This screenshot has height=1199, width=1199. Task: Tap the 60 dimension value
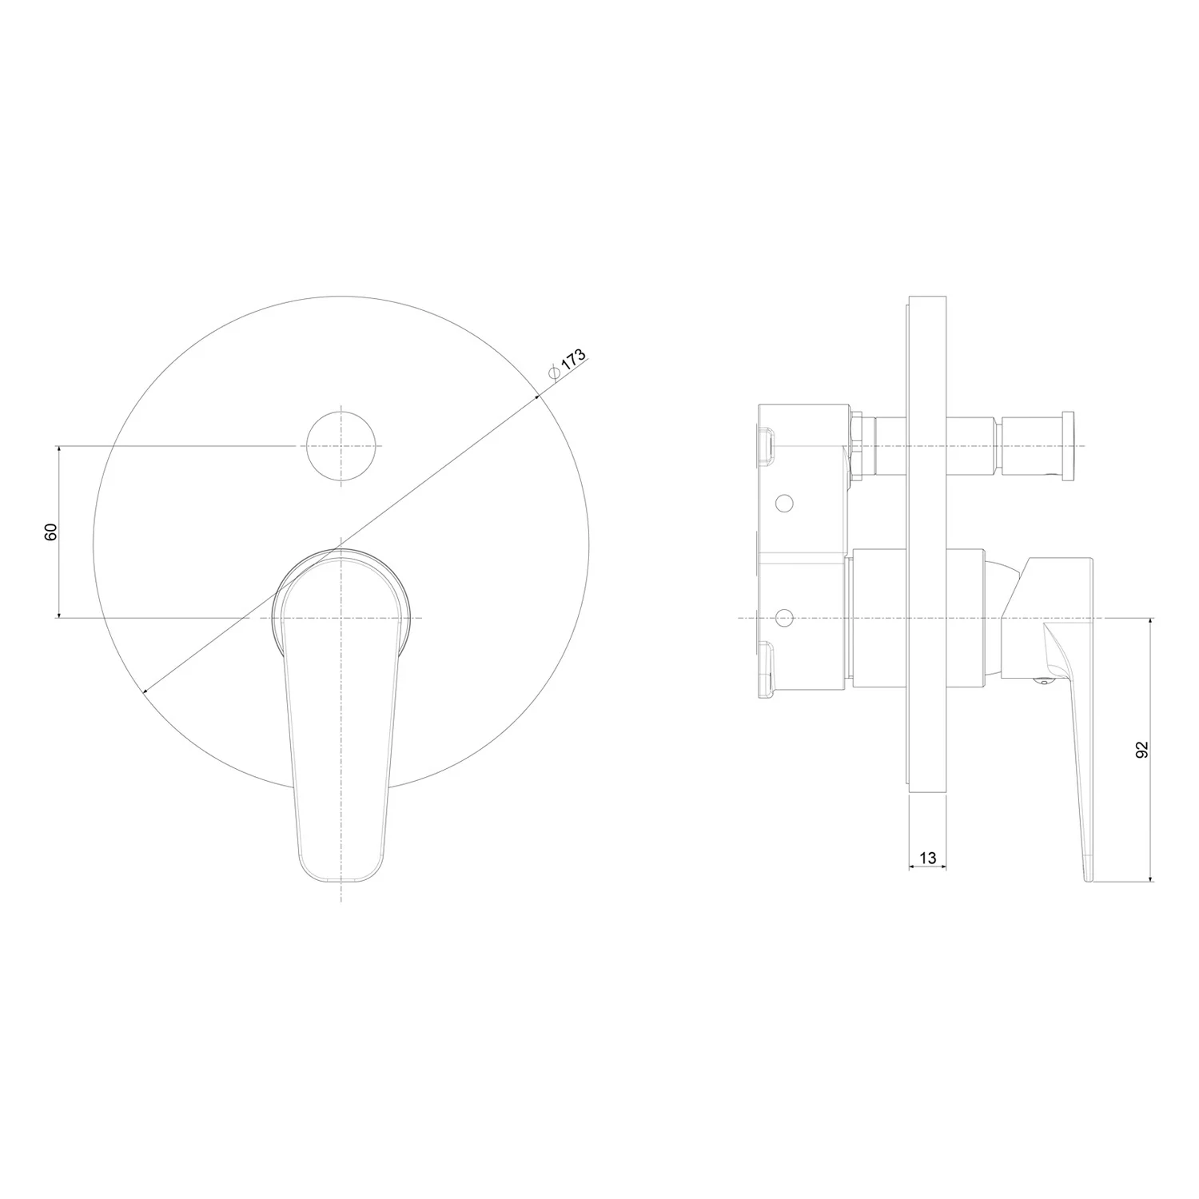pos(51,532)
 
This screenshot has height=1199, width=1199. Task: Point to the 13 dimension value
pos(927,858)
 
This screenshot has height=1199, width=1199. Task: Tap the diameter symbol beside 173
pos(553,372)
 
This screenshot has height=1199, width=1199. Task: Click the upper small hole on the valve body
pos(784,503)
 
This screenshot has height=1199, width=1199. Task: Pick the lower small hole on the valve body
pos(784,618)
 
